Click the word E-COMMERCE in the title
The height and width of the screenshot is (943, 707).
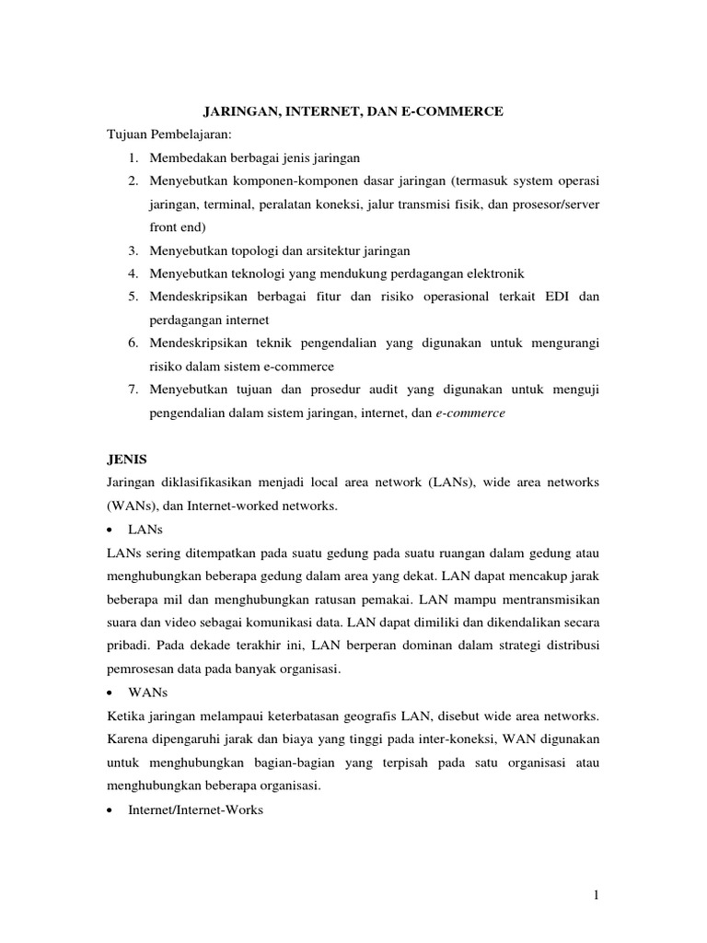(x=457, y=111)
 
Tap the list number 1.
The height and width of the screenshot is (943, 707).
(x=133, y=157)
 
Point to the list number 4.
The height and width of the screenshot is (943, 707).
(x=133, y=274)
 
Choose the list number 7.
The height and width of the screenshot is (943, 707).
(x=133, y=390)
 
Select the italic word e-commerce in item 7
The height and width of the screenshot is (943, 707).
(x=470, y=413)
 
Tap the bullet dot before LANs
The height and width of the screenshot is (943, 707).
(x=110, y=530)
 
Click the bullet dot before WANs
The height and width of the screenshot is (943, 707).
(x=110, y=693)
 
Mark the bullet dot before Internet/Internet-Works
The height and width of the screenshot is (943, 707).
(x=110, y=810)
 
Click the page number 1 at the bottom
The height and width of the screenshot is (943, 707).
(x=595, y=896)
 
